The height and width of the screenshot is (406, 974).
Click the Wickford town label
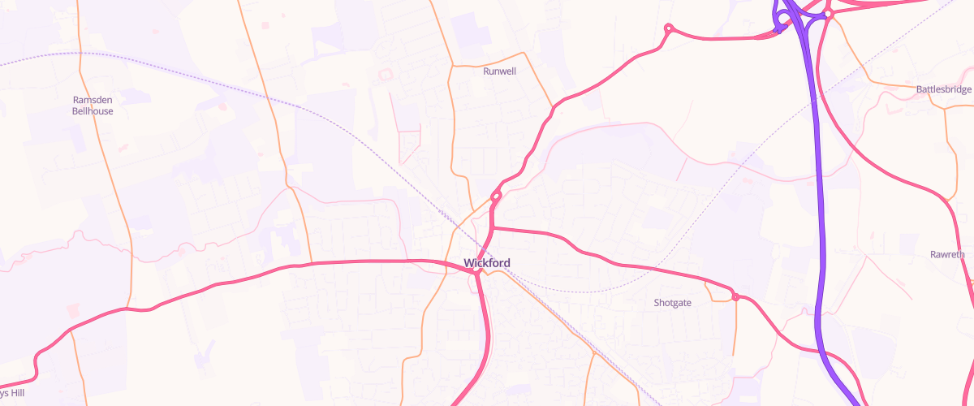pos(487,262)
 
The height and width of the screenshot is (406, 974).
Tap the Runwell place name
pos(499,71)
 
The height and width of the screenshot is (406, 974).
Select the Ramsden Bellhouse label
pos(93,106)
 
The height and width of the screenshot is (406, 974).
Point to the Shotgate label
pos(672,303)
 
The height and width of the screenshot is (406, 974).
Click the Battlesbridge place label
pos(944,89)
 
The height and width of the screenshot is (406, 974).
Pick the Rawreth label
pos(947,255)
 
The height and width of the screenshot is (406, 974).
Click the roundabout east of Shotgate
pos(735,297)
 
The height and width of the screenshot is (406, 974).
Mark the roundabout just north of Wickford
pos(496,196)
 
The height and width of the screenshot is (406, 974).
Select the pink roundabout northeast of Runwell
pos(669,28)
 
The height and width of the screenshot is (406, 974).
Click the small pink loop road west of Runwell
pos(386,75)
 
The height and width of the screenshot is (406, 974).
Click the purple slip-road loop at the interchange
pos(782,19)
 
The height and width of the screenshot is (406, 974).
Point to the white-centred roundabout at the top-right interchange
pos(828,14)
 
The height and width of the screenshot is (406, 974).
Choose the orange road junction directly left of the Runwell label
pos(450,67)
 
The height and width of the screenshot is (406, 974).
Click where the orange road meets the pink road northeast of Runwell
pos(553,106)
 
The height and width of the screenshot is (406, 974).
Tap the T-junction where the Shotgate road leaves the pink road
pos(492,228)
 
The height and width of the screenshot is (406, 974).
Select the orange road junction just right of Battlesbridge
pos(946,108)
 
